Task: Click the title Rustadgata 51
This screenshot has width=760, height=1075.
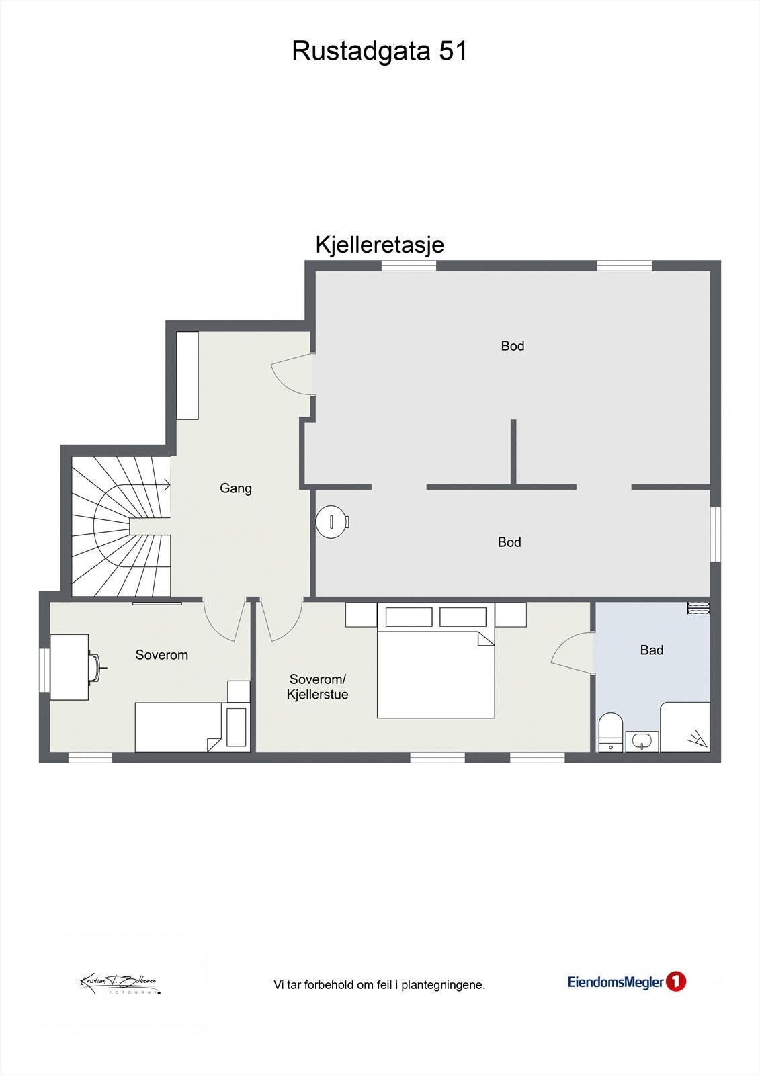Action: (x=379, y=52)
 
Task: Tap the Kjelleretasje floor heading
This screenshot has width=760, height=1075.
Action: (x=380, y=245)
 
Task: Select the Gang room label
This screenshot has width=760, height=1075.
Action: (x=236, y=488)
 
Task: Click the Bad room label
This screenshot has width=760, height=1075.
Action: (x=651, y=650)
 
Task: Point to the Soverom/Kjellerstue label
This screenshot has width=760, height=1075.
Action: (x=317, y=687)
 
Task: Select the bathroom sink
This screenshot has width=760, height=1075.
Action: (x=642, y=741)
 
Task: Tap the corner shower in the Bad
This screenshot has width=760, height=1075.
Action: (x=685, y=727)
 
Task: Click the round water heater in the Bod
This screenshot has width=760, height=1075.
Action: (x=333, y=521)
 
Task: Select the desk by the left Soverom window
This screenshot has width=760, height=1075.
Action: (x=70, y=667)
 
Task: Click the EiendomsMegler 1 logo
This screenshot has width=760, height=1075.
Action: (x=626, y=982)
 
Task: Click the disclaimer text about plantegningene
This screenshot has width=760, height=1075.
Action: (x=379, y=985)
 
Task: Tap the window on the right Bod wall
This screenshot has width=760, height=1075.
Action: (x=716, y=534)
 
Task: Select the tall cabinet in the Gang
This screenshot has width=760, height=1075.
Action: (x=187, y=375)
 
